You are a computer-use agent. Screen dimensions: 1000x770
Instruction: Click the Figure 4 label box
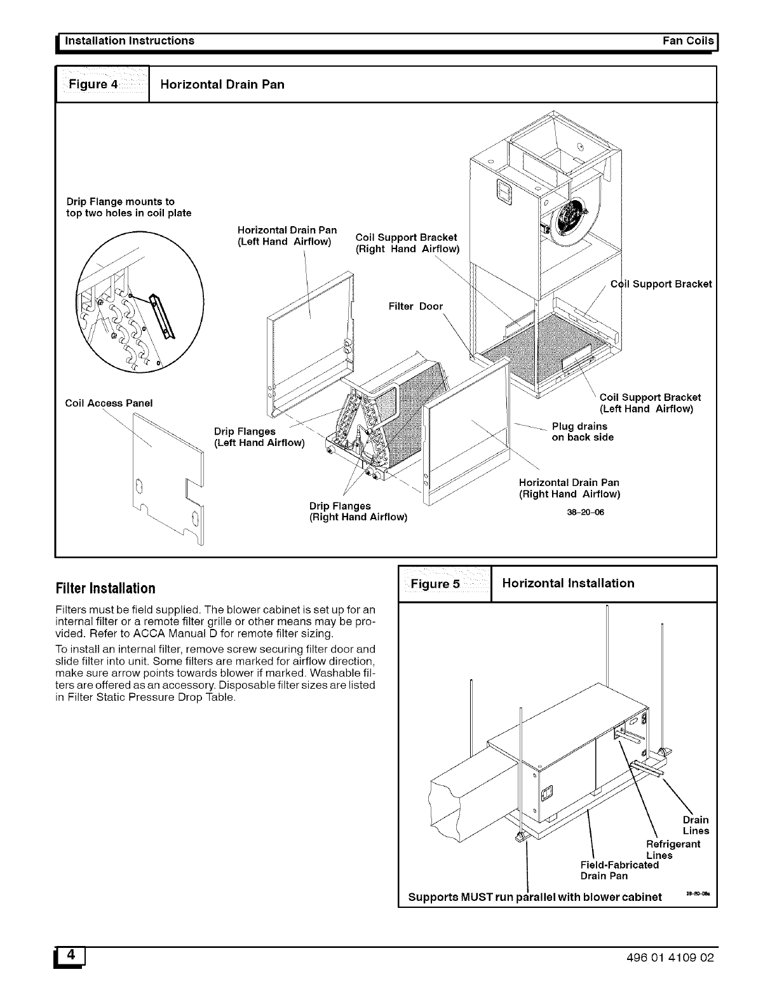tap(102, 84)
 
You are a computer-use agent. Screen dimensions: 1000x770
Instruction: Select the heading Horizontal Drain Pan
tap(222, 84)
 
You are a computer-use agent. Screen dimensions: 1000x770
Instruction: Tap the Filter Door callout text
tap(415, 306)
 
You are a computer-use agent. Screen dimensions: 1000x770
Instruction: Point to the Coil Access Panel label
tap(109, 403)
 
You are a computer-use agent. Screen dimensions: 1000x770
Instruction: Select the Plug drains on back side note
tap(582, 431)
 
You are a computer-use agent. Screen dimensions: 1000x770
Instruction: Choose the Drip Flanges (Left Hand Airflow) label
tap(259, 437)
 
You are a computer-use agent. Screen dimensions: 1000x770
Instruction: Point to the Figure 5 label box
tap(444, 583)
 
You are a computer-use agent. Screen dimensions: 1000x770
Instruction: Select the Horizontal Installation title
tap(568, 583)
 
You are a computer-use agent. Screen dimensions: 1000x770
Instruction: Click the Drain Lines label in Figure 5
tap(696, 825)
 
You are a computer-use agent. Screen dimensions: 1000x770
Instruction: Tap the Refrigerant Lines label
tap(673, 849)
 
